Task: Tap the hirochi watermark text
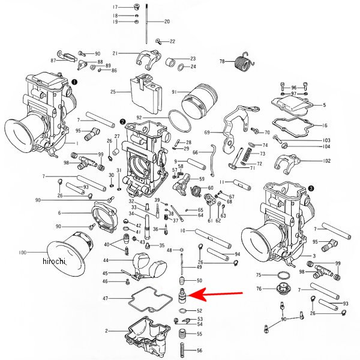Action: pyautogui.click(x=54, y=262)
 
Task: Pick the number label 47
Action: pyautogui.click(x=105, y=298)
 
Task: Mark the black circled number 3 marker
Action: pyautogui.click(x=310, y=188)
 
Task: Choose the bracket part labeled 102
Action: pyautogui.click(x=287, y=163)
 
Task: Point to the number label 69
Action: pyautogui.click(x=207, y=132)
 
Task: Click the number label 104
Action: pyautogui.click(x=326, y=147)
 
